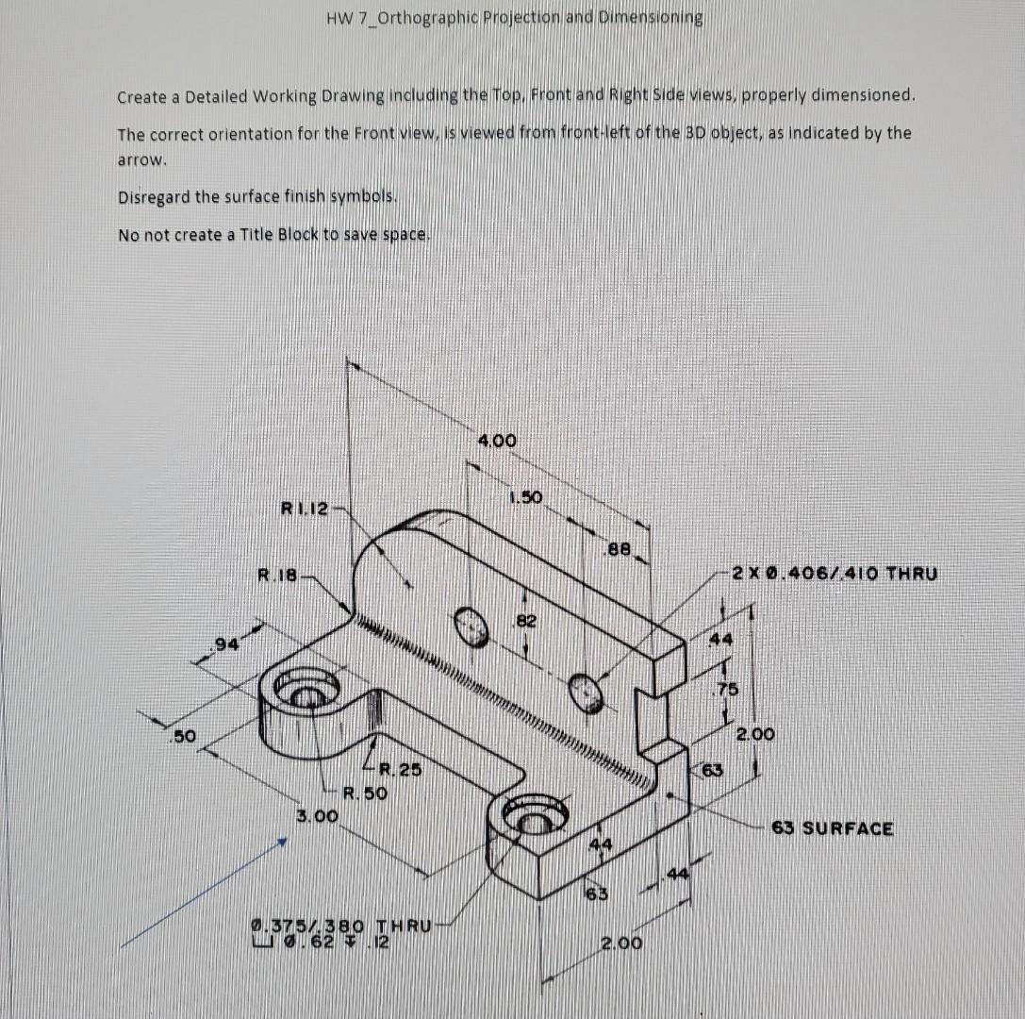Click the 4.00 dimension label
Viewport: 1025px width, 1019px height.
click(498, 441)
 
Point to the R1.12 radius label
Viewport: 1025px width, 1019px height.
click(305, 509)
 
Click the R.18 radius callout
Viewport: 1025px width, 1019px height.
click(279, 572)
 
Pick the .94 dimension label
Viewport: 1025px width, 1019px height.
click(225, 644)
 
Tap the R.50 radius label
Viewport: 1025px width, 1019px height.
click(365, 793)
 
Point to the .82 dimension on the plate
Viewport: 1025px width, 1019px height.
click(525, 621)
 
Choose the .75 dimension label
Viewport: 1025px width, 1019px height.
click(724, 688)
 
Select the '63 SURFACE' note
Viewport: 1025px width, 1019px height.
click(833, 828)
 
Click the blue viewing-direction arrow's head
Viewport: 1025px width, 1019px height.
click(280, 846)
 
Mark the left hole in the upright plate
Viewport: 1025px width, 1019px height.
click(471, 625)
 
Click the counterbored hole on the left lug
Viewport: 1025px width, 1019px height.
click(304, 693)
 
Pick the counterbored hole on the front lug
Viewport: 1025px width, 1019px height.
click(532, 818)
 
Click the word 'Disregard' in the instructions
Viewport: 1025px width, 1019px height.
click(154, 197)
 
